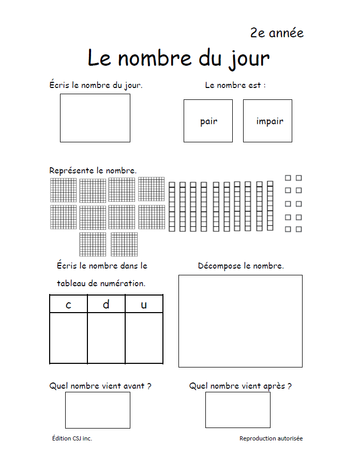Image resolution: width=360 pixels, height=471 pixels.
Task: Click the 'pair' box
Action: click(x=208, y=121)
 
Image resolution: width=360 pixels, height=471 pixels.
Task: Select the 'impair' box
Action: click(x=267, y=121)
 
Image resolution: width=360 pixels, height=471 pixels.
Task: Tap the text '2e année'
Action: click(x=277, y=33)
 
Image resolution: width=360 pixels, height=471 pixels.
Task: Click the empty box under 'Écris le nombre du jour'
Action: click(x=95, y=118)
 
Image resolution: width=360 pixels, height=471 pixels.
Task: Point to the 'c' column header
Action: click(x=69, y=304)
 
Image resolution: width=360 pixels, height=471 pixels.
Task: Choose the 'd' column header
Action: click(x=106, y=304)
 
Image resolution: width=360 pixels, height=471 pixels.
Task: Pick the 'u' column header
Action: click(x=144, y=304)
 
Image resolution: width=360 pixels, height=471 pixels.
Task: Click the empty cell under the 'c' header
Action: click(x=69, y=337)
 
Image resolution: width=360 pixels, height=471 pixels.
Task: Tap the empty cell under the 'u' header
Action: click(x=144, y=337)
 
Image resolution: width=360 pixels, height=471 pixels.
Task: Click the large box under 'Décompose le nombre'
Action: click(x=241, y=321)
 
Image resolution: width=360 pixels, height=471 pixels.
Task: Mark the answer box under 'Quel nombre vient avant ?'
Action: click(x=98, y=410)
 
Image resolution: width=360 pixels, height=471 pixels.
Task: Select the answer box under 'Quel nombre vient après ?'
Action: click(x=238, y=410)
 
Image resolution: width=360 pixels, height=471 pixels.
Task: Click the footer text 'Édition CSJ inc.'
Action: click(x=72, y=438)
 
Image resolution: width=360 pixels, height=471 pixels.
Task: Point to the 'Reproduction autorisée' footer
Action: click(x=271, y=438)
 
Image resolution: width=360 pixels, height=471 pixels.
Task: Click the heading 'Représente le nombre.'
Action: click(x=93, y=170)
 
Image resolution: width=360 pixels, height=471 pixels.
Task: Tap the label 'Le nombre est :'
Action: click(x=235, y=85)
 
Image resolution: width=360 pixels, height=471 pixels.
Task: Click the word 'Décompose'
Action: click(x=219, y=266)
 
